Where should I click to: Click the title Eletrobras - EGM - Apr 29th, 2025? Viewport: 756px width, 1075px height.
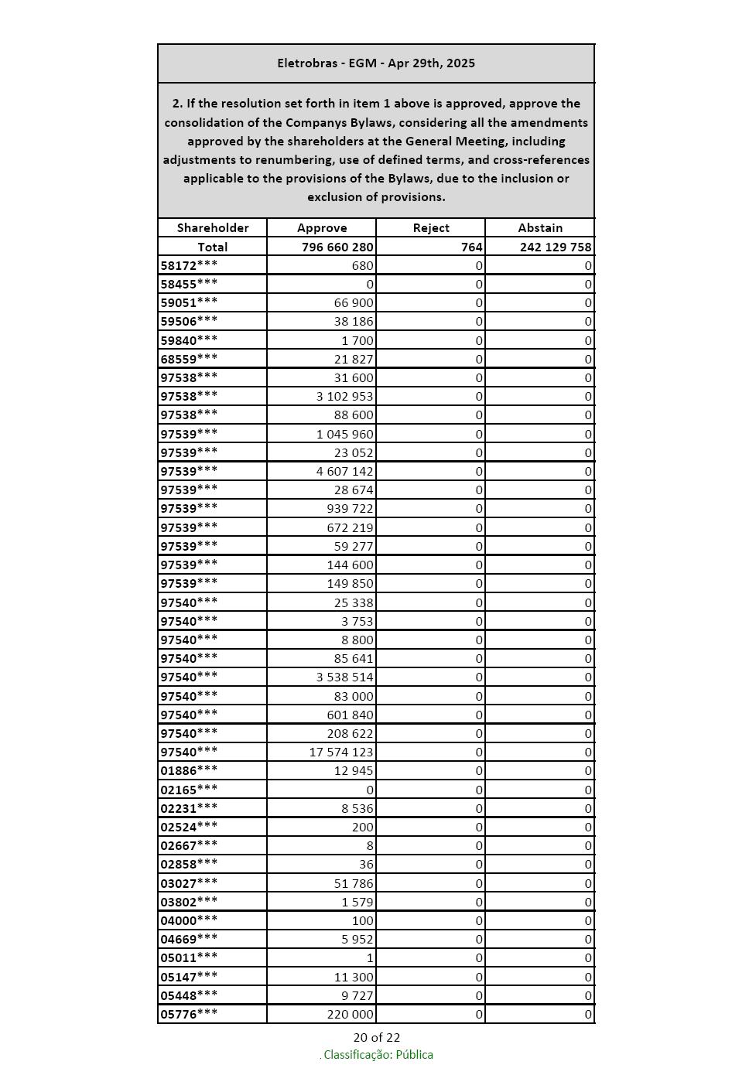(x=376, y=63)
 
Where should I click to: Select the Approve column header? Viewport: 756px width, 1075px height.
(x=322, y=228)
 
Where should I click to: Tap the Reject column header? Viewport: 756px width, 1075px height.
(x=431, y=228)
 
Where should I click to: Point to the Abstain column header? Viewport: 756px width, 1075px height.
(x=540, y=228)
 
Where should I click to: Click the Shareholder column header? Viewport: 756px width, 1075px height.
(x=213, y=228)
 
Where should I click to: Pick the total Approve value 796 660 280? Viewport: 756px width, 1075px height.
(x=337, y=247)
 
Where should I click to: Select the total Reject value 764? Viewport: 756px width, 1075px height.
(x=471, y=247)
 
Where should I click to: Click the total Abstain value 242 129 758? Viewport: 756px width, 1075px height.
(x=556, y=247)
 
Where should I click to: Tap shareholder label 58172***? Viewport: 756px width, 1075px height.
(x=189, y=266)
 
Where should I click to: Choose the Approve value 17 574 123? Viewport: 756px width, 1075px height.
(x=341, y=752)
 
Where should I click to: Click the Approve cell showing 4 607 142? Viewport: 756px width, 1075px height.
(x=344, y=472)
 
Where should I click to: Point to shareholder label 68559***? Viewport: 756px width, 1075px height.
(x=189, y=360)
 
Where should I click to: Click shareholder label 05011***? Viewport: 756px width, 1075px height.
(x=189, y=958)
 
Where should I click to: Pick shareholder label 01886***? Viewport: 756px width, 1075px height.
(x=189, y=771)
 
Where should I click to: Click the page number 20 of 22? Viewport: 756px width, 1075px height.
(x=377, y=1038)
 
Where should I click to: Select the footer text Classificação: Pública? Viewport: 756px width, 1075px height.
(x=378, y=1055)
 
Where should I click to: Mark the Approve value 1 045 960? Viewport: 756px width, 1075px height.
(x=344, y=435)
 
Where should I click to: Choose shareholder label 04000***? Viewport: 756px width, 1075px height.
(x=189, y=921)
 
